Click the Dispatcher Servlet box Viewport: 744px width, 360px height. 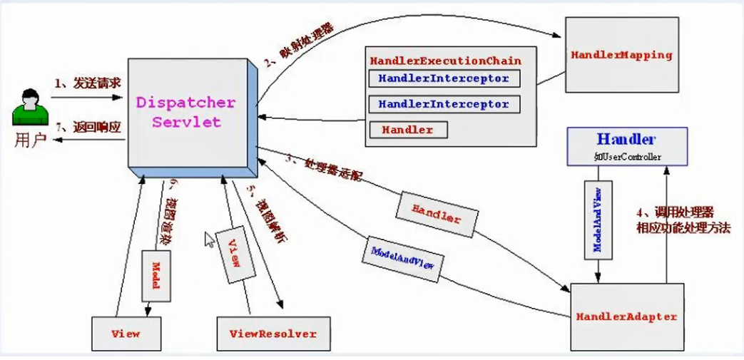point(187,113)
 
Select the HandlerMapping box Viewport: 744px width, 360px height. point(621,56)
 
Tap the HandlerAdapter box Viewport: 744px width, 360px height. point(626,317)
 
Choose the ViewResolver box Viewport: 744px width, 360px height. point(272,334)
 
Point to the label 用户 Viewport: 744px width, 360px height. point(30,139)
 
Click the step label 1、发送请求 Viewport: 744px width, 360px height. point(87,83)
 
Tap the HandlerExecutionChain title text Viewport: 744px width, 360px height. point(445,61)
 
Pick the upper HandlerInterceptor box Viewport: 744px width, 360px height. point(444,78)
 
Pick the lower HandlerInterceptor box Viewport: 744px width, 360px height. point(444,104)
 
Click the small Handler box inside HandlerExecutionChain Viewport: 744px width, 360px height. point(407,130)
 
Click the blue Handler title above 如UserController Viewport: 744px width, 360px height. point(626,139)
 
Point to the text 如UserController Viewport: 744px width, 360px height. point(626,156)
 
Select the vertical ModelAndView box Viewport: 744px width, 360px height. point(598,219)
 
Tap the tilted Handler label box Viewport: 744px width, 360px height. point(437,212)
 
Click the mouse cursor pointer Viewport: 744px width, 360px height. point(209,239)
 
